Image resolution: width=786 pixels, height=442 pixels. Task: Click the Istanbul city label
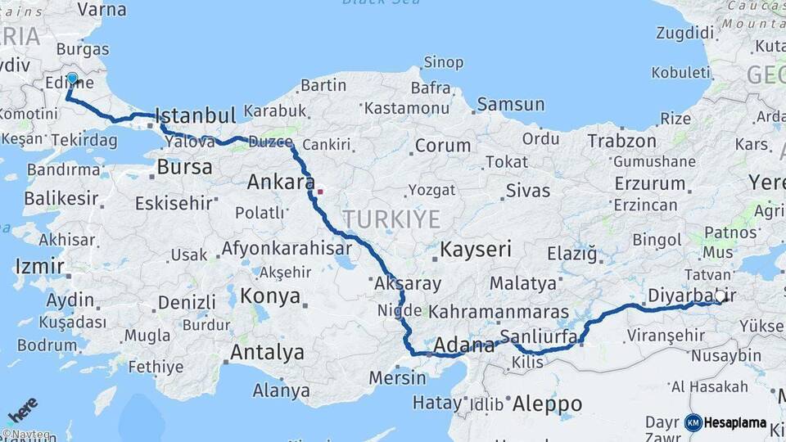pos(195,115)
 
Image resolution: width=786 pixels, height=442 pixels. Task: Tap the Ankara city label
pos(281,183)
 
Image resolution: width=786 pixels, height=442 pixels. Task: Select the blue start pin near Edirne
pos(72,79)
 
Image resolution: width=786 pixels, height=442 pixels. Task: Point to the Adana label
pos(463,345)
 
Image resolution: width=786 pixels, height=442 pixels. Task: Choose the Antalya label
pos(267,353)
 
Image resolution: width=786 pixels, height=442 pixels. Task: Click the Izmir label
pos(39,266)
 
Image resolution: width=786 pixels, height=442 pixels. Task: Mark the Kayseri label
pos(476,250)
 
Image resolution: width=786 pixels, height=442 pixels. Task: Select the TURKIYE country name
pos(391,219)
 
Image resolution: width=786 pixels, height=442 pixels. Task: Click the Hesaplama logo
pos(725,423)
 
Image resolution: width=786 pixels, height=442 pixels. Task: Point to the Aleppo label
pos(547,404)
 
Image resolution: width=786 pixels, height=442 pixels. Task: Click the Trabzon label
pos(622,142)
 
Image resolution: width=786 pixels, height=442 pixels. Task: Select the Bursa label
pos(184,168)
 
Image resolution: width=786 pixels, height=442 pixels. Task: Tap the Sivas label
pos(527,191)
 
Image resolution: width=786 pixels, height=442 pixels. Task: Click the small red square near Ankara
pos(320,192)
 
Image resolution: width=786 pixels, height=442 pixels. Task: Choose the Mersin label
pos(398,378)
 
